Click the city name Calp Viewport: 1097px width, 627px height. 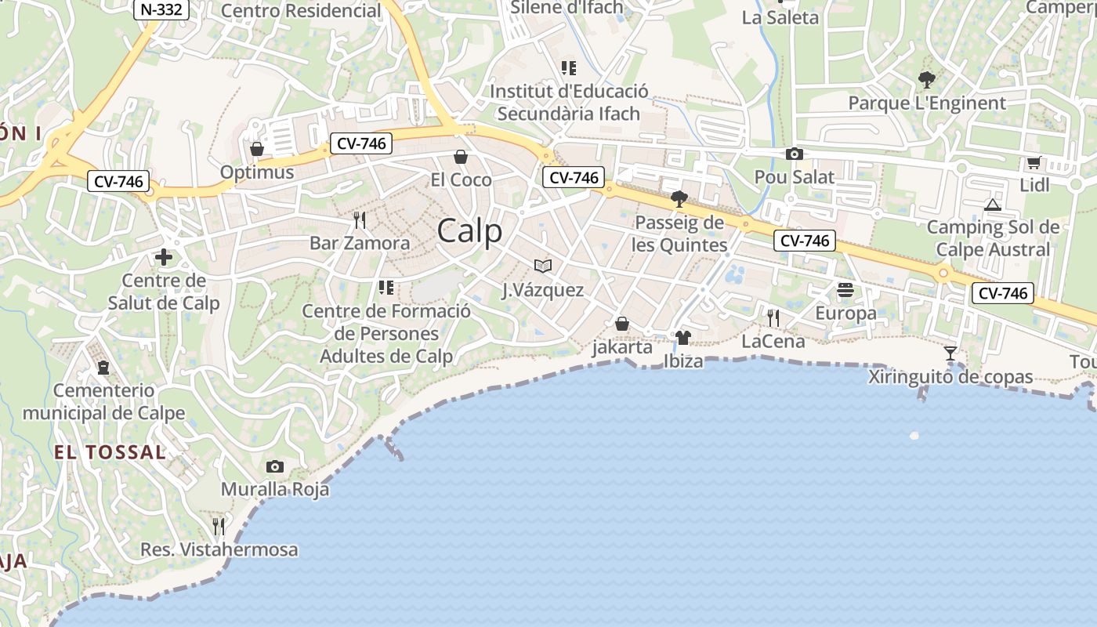pos(469,231)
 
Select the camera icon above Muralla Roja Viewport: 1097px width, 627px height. pos(274,467)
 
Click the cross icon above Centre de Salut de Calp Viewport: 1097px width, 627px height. pos(164,257)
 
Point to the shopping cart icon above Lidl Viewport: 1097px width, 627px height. pos(1034,163)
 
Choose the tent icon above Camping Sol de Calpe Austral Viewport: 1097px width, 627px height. pos(993,205)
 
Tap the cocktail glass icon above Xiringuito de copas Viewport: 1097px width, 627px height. pos(950,353)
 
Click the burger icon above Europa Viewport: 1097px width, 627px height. pos(845,291)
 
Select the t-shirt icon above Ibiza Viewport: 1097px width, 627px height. pos(682,338)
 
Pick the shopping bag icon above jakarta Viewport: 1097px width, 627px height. pos(622,324)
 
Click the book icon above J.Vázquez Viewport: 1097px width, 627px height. pos(542,266)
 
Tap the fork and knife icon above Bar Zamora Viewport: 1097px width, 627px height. pos(360,219)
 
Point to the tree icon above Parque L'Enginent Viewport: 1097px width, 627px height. pos(926,79)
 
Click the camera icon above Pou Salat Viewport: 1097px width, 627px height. pos(794,154)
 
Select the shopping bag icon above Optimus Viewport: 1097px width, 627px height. pos(256,149)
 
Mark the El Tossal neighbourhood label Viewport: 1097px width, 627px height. pos(110,452)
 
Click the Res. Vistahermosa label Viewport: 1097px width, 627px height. pos(219,549)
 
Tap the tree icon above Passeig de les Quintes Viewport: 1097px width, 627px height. pos(679,199)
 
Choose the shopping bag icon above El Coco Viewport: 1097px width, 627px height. pos(461,157)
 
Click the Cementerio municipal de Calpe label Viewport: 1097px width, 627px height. pos(103,401)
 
